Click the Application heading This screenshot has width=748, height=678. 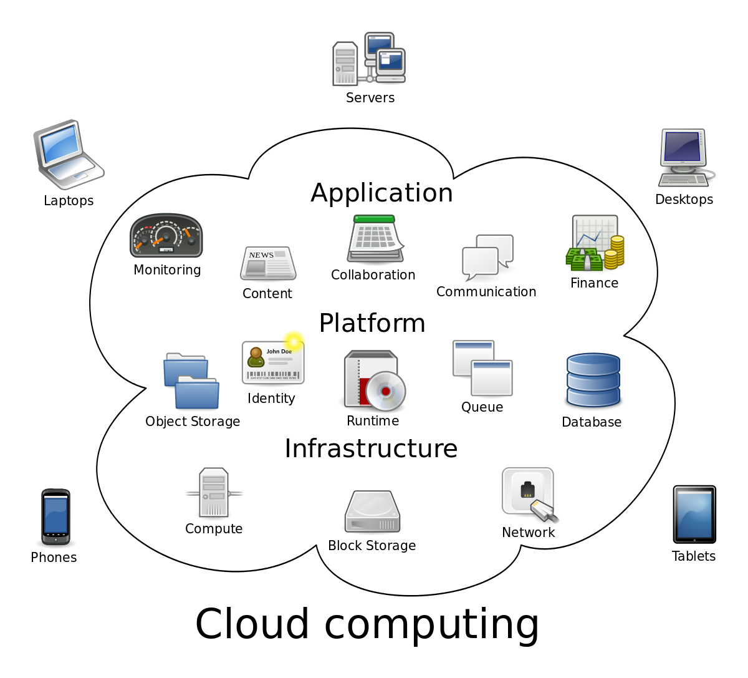[381, 193]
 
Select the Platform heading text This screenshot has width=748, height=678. [372, 324]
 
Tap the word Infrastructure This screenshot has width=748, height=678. [371, 449]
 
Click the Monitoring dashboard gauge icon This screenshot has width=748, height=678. [166, 236]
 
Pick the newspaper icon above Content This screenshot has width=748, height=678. [268, 263]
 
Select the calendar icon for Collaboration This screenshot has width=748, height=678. [375, 239]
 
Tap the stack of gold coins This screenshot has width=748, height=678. [615, 252]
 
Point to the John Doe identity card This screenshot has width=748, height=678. [273, 362]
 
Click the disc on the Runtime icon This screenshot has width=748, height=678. [385, 391]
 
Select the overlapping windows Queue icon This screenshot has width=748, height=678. [482, 368]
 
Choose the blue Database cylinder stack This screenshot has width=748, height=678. [593, 380]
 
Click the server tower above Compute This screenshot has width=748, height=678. [214, 493]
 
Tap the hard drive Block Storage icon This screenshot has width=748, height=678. [372, 512]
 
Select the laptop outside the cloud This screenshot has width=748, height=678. [67, 154]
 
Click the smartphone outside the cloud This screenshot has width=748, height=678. [55, 516]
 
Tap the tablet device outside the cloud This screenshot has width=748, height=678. [694, 515]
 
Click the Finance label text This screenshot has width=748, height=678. [594, 283]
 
